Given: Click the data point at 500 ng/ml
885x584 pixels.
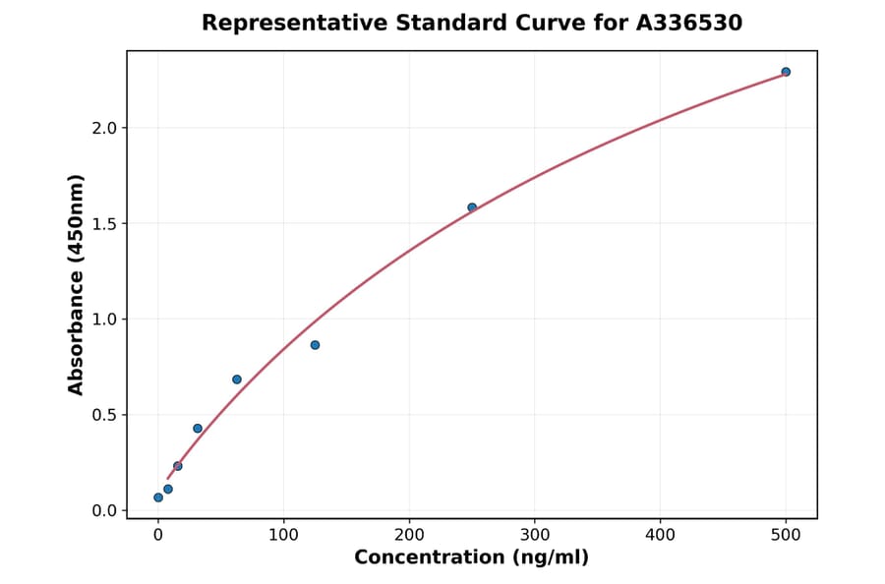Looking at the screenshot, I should pyautogui.click(x=786, y=72).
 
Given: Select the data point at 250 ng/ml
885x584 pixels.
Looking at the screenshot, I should pyautogui.click(x=472, y=207).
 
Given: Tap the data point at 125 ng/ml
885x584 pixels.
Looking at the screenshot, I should pyautogui.click(x=315, y=345).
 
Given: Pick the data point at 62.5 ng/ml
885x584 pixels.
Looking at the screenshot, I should pyautogui.click(x=237, y=380).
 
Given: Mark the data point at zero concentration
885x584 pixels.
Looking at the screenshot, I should pyautogui.click(x=158, y=497).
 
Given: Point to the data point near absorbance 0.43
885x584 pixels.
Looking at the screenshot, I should pyautogui.click(x=198, y=429).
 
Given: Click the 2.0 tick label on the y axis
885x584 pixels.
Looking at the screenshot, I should pyautogui.click(x=104, y=128).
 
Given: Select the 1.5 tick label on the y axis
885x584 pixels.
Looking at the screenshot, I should pyautogui.click(x=104, y=223).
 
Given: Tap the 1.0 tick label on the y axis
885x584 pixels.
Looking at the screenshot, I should pyautogui.click(x=104, y=320).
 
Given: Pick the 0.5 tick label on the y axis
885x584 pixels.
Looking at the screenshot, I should pyautogui.click(x=104, y=415).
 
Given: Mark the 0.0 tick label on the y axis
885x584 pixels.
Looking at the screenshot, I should pyautogui.click(x=104, y=510).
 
